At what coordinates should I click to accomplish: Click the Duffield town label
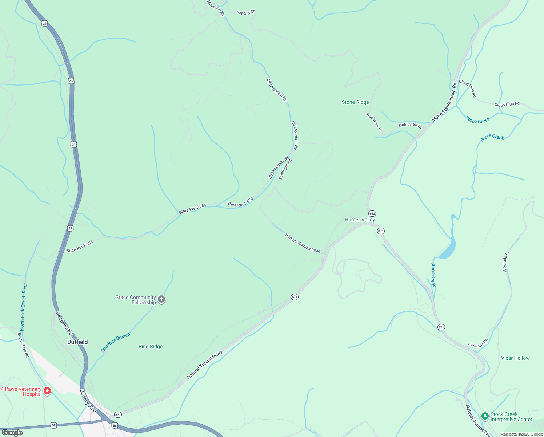(x=77, y=342)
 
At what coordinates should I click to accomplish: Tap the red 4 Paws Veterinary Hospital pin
(x=47, y=391)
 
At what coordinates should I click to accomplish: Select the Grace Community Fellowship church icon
(x=161, y=299)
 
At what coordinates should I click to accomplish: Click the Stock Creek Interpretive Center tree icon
(x=485, y=416)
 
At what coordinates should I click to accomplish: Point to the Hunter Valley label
(x=360, y=220)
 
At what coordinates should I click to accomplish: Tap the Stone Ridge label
(x=355, y=102)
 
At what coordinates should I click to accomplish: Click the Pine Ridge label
(x=151, y=346)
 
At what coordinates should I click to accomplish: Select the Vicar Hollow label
(x=515, y=358)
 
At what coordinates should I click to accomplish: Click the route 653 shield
(x=372, y=214)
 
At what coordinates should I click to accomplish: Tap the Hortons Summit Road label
(x=303, y=243)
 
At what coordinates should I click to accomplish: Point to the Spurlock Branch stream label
(x=115, y=342)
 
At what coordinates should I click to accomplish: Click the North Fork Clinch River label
(x=24, y=307)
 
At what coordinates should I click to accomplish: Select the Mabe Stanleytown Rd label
(x=444, y=102)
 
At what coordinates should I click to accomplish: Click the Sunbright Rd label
(x=285, y=169)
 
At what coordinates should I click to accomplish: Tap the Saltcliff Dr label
(x=246, y=12)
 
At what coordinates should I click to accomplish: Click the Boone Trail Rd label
(x=23, y=345)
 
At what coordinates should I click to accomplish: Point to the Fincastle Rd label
(x=477, y=343)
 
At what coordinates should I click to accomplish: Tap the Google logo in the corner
(x=12, y=433)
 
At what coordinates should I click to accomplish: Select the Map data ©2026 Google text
(x=521, y=434)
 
